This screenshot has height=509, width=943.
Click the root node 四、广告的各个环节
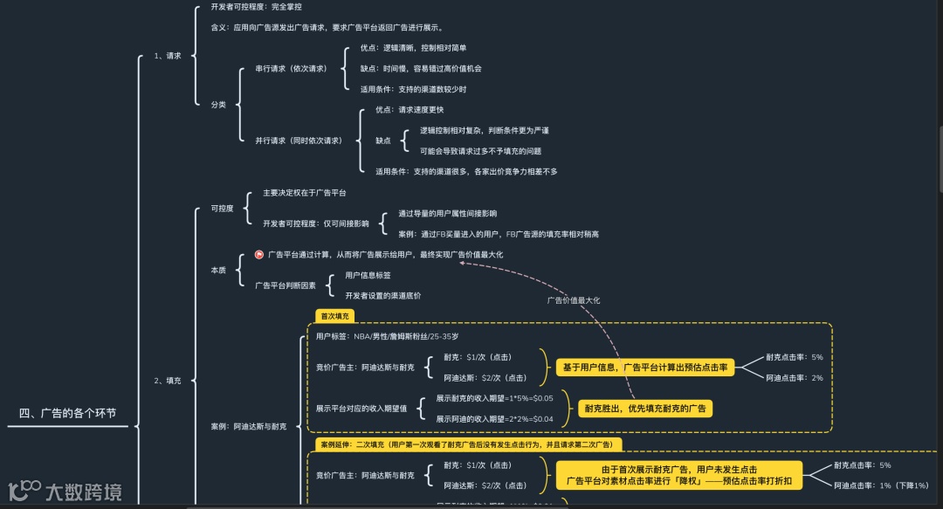[67, 413]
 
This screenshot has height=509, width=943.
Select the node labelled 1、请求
[168, 56]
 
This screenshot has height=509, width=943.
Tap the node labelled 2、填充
[168, 381]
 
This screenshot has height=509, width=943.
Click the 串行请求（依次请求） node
[291, 67]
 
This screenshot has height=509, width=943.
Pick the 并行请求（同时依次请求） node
[299, 140]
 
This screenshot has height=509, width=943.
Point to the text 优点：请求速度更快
[410, 110]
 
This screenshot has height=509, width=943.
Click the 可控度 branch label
[222, 209]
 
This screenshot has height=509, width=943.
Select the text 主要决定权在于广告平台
[304, 192]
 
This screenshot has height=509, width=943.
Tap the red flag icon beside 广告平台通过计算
[258, 255]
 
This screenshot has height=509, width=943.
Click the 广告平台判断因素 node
[285, 285]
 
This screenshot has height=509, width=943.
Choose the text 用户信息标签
[368, 275]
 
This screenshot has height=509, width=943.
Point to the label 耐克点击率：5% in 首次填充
[794, 357]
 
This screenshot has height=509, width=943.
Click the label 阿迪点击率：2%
[794, 378]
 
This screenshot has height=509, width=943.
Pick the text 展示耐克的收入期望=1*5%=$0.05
[494, 398]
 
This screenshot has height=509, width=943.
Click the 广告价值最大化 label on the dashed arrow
[574, 300]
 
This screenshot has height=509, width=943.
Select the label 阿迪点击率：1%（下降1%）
[881, 485]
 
